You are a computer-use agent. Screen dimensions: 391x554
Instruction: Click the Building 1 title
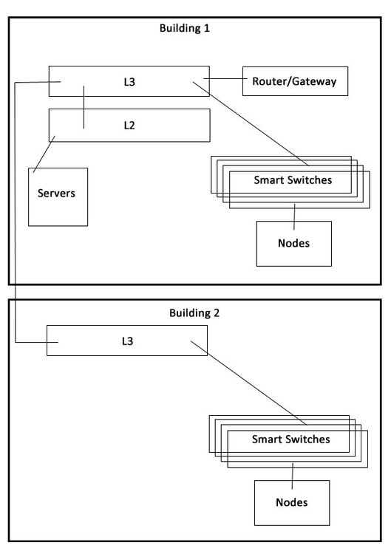point(185,28)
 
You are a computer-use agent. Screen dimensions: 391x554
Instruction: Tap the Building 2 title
point(194,312)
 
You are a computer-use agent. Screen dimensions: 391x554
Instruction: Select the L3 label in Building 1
point(129,82)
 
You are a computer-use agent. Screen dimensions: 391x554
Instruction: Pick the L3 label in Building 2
point(127,341)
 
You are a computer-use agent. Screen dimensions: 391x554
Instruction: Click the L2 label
point(129,126)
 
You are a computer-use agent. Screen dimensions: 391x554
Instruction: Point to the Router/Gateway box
point(295,81)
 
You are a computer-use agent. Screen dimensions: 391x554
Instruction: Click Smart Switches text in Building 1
point(293,180)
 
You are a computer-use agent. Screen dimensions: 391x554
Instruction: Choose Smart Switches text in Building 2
point(291,440)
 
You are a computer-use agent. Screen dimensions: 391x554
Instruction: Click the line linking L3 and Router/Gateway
point(225,78)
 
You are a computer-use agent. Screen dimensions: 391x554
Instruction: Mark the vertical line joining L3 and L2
point(84,107)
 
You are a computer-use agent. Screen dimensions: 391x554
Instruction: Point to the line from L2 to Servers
point(44,154)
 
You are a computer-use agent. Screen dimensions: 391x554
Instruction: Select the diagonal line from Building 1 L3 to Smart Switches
point(251,123)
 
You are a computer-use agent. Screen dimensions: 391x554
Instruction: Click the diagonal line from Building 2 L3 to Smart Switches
point(249,383)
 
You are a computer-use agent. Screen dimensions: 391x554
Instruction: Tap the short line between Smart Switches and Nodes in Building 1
point(294,217)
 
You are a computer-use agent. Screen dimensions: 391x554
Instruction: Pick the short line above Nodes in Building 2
point(293,476)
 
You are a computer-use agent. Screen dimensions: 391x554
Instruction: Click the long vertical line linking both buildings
point(15,212)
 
